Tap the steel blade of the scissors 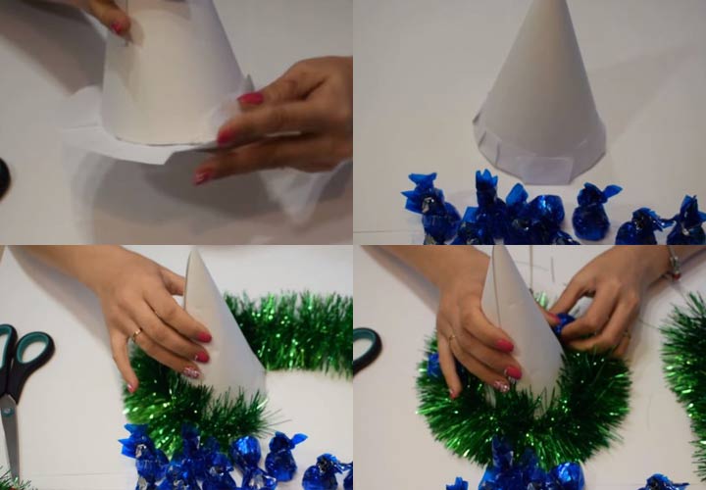(x=9, y=431)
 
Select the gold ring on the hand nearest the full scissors (x=136, y=334)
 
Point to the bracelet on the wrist (x=675, y=263)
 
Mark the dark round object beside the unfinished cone (x=3, y=177)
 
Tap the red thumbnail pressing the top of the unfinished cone (x=119, y=27)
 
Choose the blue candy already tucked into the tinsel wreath (x=433, y=365)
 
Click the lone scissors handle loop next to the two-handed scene (x=366, y=348)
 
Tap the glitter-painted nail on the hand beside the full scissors (x=191, y=371)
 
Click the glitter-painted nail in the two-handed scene (x=501, y=385)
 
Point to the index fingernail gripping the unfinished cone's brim (x=250, y=98)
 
